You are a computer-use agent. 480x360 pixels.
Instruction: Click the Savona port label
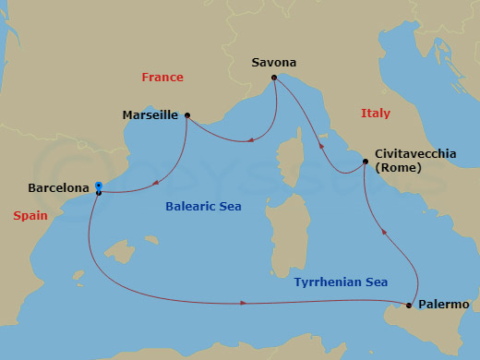pyautogui.click(x=273, y=63)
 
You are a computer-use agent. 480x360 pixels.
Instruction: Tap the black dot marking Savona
pyautogui.click(x=273, y=78)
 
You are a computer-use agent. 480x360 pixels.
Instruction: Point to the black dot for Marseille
pyautogui.click(x=187, y=115)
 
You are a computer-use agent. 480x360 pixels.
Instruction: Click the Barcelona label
pyautogui.click(x=59, y=187)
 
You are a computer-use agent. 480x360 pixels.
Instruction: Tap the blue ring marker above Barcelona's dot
pyautogui.click(x=98, y=185)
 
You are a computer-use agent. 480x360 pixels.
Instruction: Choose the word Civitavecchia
pyautogui.click(x=415, y=154)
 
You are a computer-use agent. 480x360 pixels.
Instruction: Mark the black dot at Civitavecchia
pyautogui.click(x=366, y=162)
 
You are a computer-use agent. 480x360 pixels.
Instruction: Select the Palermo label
pyautogui.click(x=444, y=304)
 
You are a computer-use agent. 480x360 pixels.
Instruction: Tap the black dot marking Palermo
pyautogui.click(x=409, y=305)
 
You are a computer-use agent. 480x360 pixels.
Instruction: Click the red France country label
pyautogui.click(x=162, y=78)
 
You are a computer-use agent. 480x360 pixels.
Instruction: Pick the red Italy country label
pyautogui.click(x=375, y=113)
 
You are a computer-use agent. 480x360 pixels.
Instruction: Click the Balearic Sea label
pyautogui.click(x=203, y=206)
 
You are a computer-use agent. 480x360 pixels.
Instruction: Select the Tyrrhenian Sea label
pyautogui.click(x=341, y=282)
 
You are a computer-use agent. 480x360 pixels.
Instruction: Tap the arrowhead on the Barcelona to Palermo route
pyautogui.click(x=244, y=303)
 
